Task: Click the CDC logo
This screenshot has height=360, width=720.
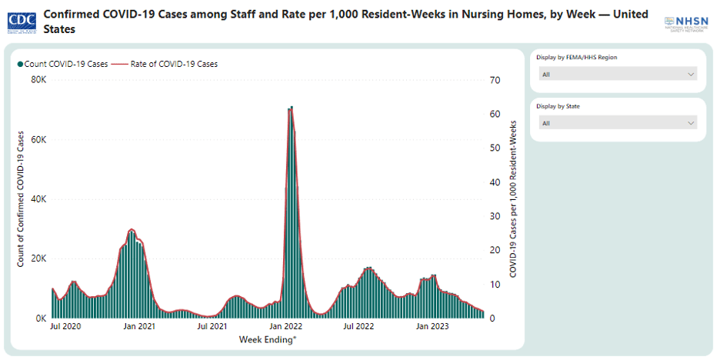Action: (x=22, y=21)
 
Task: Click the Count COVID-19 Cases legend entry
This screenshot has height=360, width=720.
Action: (x=63, y=64)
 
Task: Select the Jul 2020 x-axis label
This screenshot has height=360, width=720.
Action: (x=65, y=327)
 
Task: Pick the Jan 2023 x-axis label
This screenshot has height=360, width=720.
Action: (x=432, y=327)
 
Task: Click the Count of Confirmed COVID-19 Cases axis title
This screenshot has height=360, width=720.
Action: (x=22, y=198)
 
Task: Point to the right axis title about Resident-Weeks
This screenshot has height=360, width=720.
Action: (x=512, y=199)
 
